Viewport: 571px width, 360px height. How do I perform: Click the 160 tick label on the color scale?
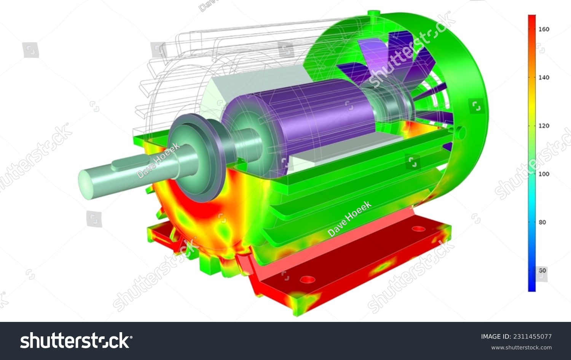(x=544, y=29)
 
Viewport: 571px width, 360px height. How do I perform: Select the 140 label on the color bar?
(x=544, y=77)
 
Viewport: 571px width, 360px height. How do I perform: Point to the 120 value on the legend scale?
(x=544, y=126)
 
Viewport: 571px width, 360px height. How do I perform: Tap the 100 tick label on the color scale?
(x=544, y=174)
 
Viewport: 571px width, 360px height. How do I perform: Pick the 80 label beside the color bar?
(x=542, y=222)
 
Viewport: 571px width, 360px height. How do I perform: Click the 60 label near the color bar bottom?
(x=542, y=270)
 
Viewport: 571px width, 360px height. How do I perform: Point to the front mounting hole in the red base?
(x=308, y=280)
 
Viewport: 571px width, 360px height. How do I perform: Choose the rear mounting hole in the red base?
(x=418, y=229)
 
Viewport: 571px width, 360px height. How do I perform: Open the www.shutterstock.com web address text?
(x=521, y=347)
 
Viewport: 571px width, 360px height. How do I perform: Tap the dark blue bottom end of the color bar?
(x=532, y=288)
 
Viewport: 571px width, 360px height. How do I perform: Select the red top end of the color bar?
(x=532, y=18)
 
